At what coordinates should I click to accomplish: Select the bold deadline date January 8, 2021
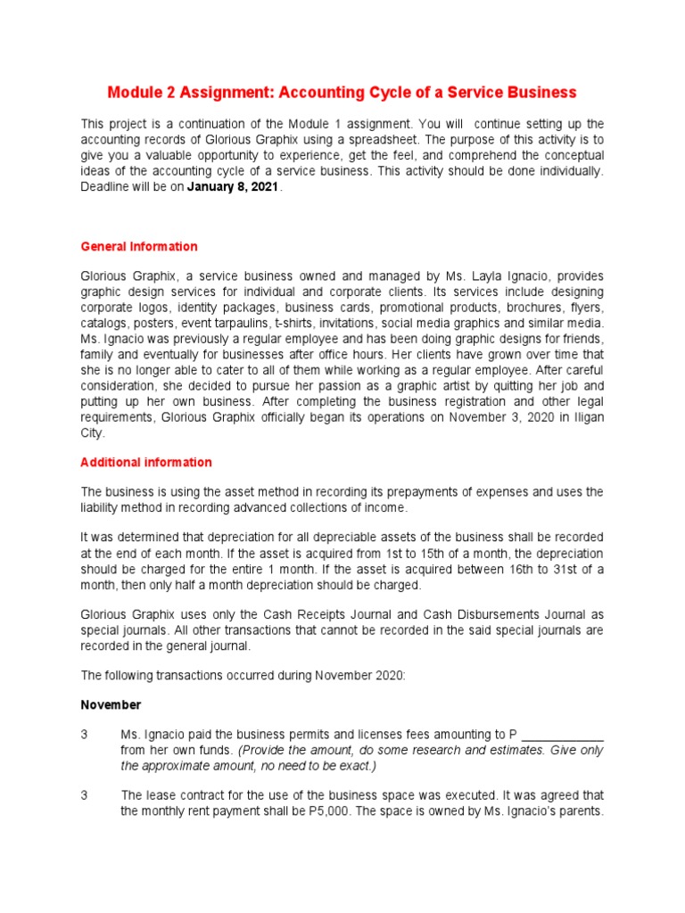tap(233, 187)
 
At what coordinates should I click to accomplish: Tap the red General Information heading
tap(139, 246)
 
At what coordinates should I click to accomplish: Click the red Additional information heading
tap(146, 462)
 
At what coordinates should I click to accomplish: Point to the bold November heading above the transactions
tap(111, 704)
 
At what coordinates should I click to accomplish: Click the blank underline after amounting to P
tap(562, 735)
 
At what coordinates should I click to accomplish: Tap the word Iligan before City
tap(585, 418)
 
